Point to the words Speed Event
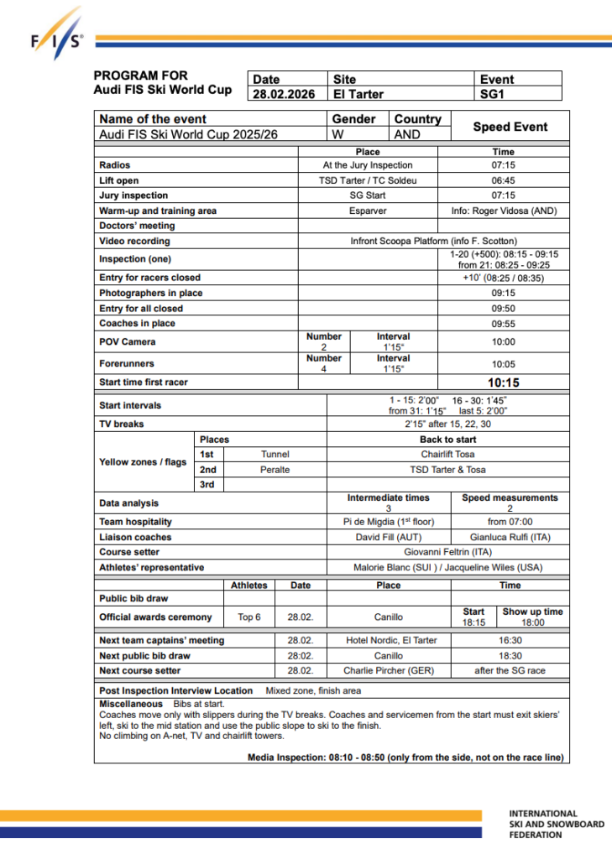pyautogui.click(x=510, y=127)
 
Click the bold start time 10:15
pyautogui.click(x=504, y=383)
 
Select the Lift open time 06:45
pyautogui.click(x=504, y=180)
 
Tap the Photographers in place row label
pyautogui.click(x=151, y=293)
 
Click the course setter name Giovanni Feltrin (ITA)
pyautogui.click(x=447, y=552)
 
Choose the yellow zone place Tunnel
pyautogui.click(x=275, y=454)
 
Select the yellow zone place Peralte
pyautogui.click(x=275, y=470)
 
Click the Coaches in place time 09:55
pyautogui.click(x=504, y=323)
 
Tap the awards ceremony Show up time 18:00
pyautogui.click(x=532, y=623)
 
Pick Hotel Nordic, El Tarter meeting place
pyautogui.click(x=391, y=640)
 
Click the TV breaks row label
pyautogui.click(x=122, y=424)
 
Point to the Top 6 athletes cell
pyautogui.click(x=249, y=617)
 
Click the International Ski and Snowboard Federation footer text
pyautogui.click(x=556, y=824)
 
